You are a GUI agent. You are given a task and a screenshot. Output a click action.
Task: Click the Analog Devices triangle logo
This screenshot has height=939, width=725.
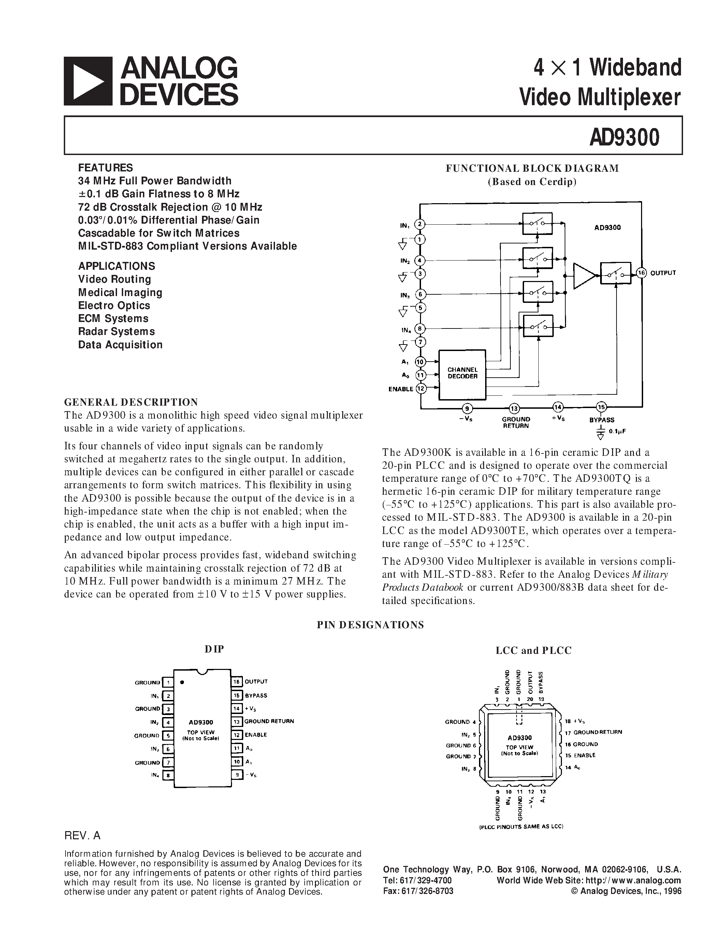(x=88, y=81)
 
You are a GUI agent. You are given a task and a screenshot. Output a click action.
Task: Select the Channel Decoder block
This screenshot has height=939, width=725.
(x=462, y=373)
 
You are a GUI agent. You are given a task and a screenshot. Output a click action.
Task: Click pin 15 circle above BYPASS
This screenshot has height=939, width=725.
(x=601, y=407)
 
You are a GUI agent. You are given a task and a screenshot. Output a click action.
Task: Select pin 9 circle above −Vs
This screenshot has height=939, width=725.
(x=467, y=408)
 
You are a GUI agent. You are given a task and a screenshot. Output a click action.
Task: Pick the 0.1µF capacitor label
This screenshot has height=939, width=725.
(x=617, y=430)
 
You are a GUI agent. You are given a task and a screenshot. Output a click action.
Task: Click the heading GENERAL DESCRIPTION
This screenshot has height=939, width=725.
(x=131, y=403)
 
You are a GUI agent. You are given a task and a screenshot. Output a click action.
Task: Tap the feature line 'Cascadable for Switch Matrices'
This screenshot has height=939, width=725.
(x=159, y=233)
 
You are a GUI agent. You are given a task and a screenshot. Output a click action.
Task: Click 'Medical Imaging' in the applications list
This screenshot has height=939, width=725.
(x=120, y=292)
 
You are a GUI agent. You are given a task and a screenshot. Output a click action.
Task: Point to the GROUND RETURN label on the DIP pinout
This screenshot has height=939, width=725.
(x=269, y=721)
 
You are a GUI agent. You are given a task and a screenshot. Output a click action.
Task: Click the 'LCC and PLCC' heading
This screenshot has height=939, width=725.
(x=534, y=650)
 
